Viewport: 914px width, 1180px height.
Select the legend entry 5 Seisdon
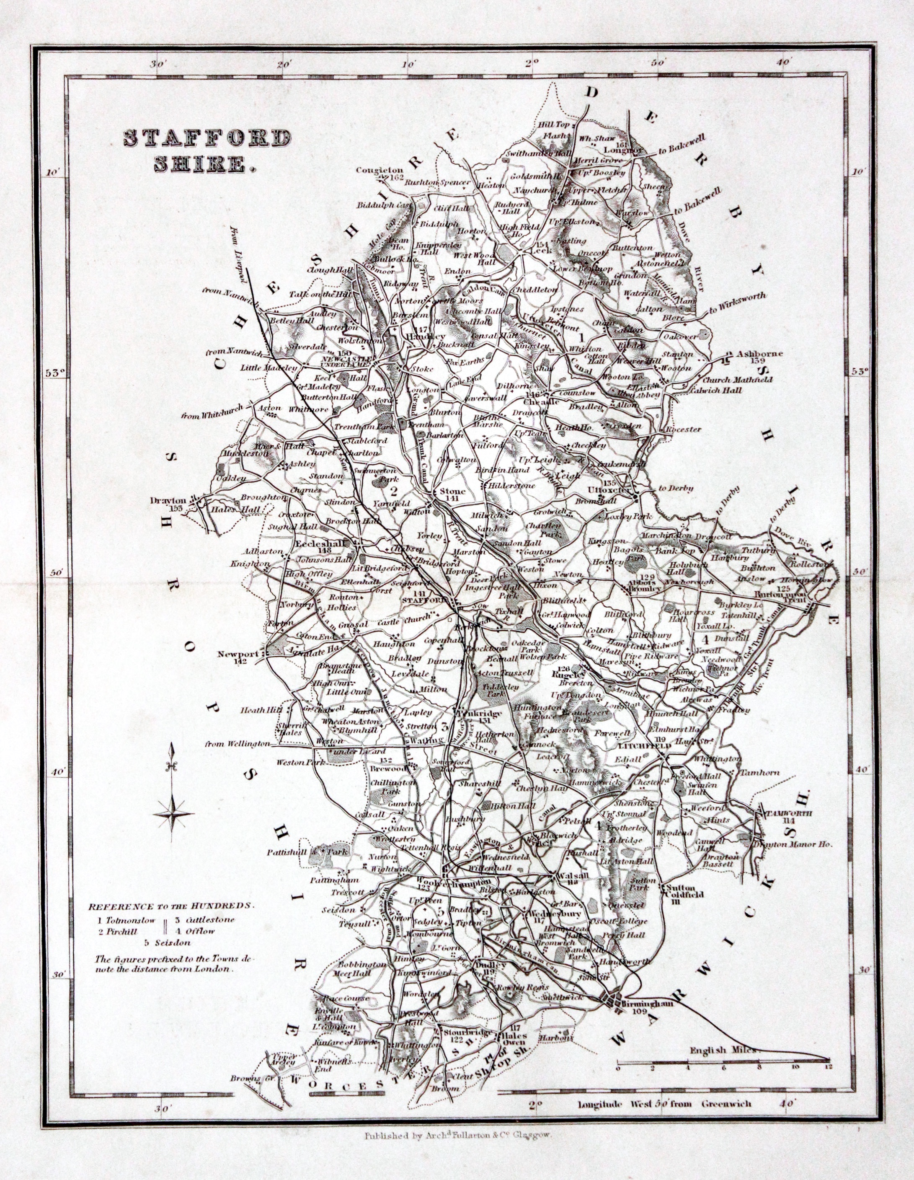[168, 942]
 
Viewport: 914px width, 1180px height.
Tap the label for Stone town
[452, 492]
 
